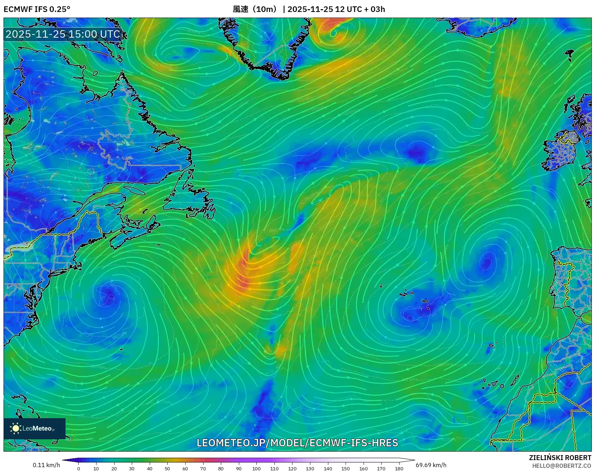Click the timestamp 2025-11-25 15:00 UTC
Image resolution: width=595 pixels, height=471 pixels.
coord(63,34)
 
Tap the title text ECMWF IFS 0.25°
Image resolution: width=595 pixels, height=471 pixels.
coord(37,9)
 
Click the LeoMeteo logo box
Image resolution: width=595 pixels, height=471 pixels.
coord(35,428)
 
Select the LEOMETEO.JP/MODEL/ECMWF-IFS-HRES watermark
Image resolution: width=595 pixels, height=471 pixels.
coord(297,443)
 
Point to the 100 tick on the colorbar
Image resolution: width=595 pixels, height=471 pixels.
coord(256,468)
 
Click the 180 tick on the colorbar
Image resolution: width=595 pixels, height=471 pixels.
coord(399,468)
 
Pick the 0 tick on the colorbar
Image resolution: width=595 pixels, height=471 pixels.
coord(79,468)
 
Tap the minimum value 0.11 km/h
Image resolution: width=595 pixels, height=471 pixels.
coord(46,465)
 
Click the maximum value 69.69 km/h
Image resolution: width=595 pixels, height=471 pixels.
coord(431,465)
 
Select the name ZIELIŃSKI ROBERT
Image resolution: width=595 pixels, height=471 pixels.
coord(560,458)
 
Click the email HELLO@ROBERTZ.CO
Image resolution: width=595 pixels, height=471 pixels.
coord(562,466)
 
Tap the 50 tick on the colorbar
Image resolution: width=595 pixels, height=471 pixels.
coord(167,468)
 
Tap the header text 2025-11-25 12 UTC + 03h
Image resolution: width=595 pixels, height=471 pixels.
coord(336,9)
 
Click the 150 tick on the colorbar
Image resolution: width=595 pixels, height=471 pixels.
coord(346,468)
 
